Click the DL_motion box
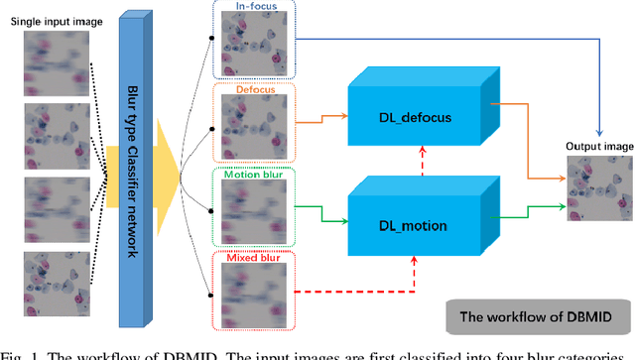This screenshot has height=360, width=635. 414,226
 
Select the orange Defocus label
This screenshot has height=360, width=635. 255,91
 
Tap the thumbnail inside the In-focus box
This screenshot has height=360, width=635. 254,45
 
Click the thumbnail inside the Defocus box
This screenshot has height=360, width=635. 254,125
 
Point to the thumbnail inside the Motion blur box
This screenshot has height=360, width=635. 254,209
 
